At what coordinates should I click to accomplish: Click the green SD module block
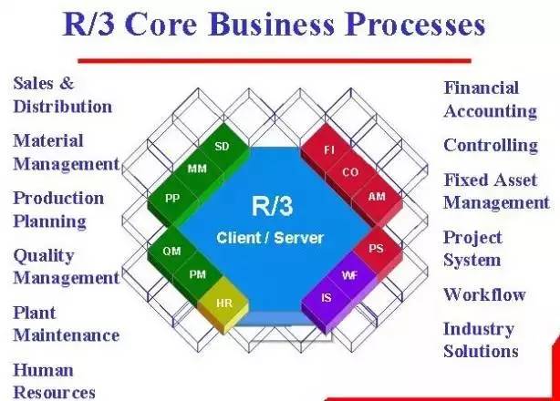222,146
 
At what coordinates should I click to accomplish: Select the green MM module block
197,169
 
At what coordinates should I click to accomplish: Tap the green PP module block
171,196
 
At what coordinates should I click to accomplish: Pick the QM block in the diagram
171,251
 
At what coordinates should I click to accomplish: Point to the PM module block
197,273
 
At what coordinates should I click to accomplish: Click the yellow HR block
223,303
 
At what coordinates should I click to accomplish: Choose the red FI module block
329,148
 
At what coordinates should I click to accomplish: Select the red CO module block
351,171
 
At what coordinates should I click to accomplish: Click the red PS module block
374,248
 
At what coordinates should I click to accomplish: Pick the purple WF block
348,273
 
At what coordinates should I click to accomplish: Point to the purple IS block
326,297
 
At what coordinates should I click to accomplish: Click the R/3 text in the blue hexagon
271,205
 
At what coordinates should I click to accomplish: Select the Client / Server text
270,238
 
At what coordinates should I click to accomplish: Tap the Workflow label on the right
484,294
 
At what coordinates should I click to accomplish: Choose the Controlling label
491,145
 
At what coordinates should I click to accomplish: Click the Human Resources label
54,381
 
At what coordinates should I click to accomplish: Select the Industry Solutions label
481,339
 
